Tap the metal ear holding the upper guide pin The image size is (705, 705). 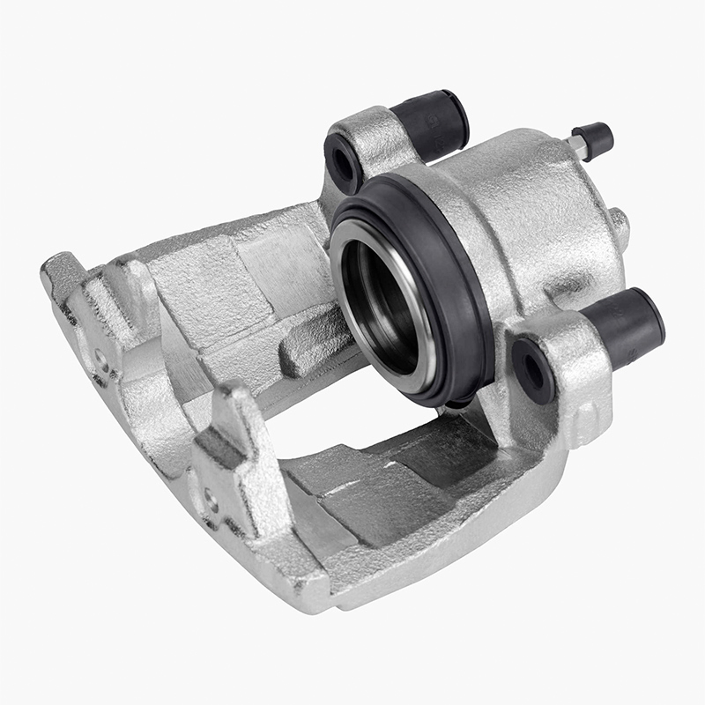click(x=370, y=141)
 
